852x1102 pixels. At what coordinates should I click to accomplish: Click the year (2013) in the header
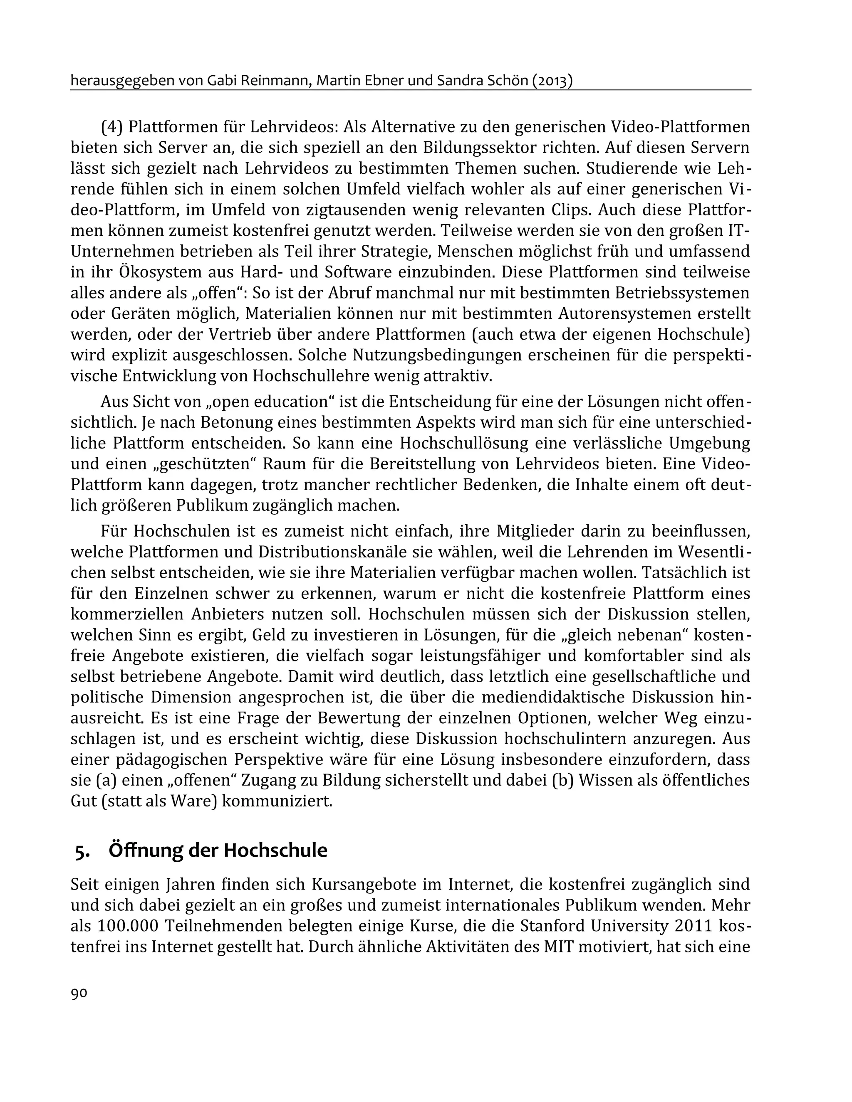[552, 81]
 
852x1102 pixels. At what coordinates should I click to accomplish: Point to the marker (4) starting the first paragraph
[111, 127]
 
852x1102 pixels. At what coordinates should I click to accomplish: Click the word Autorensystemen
[624, 313]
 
